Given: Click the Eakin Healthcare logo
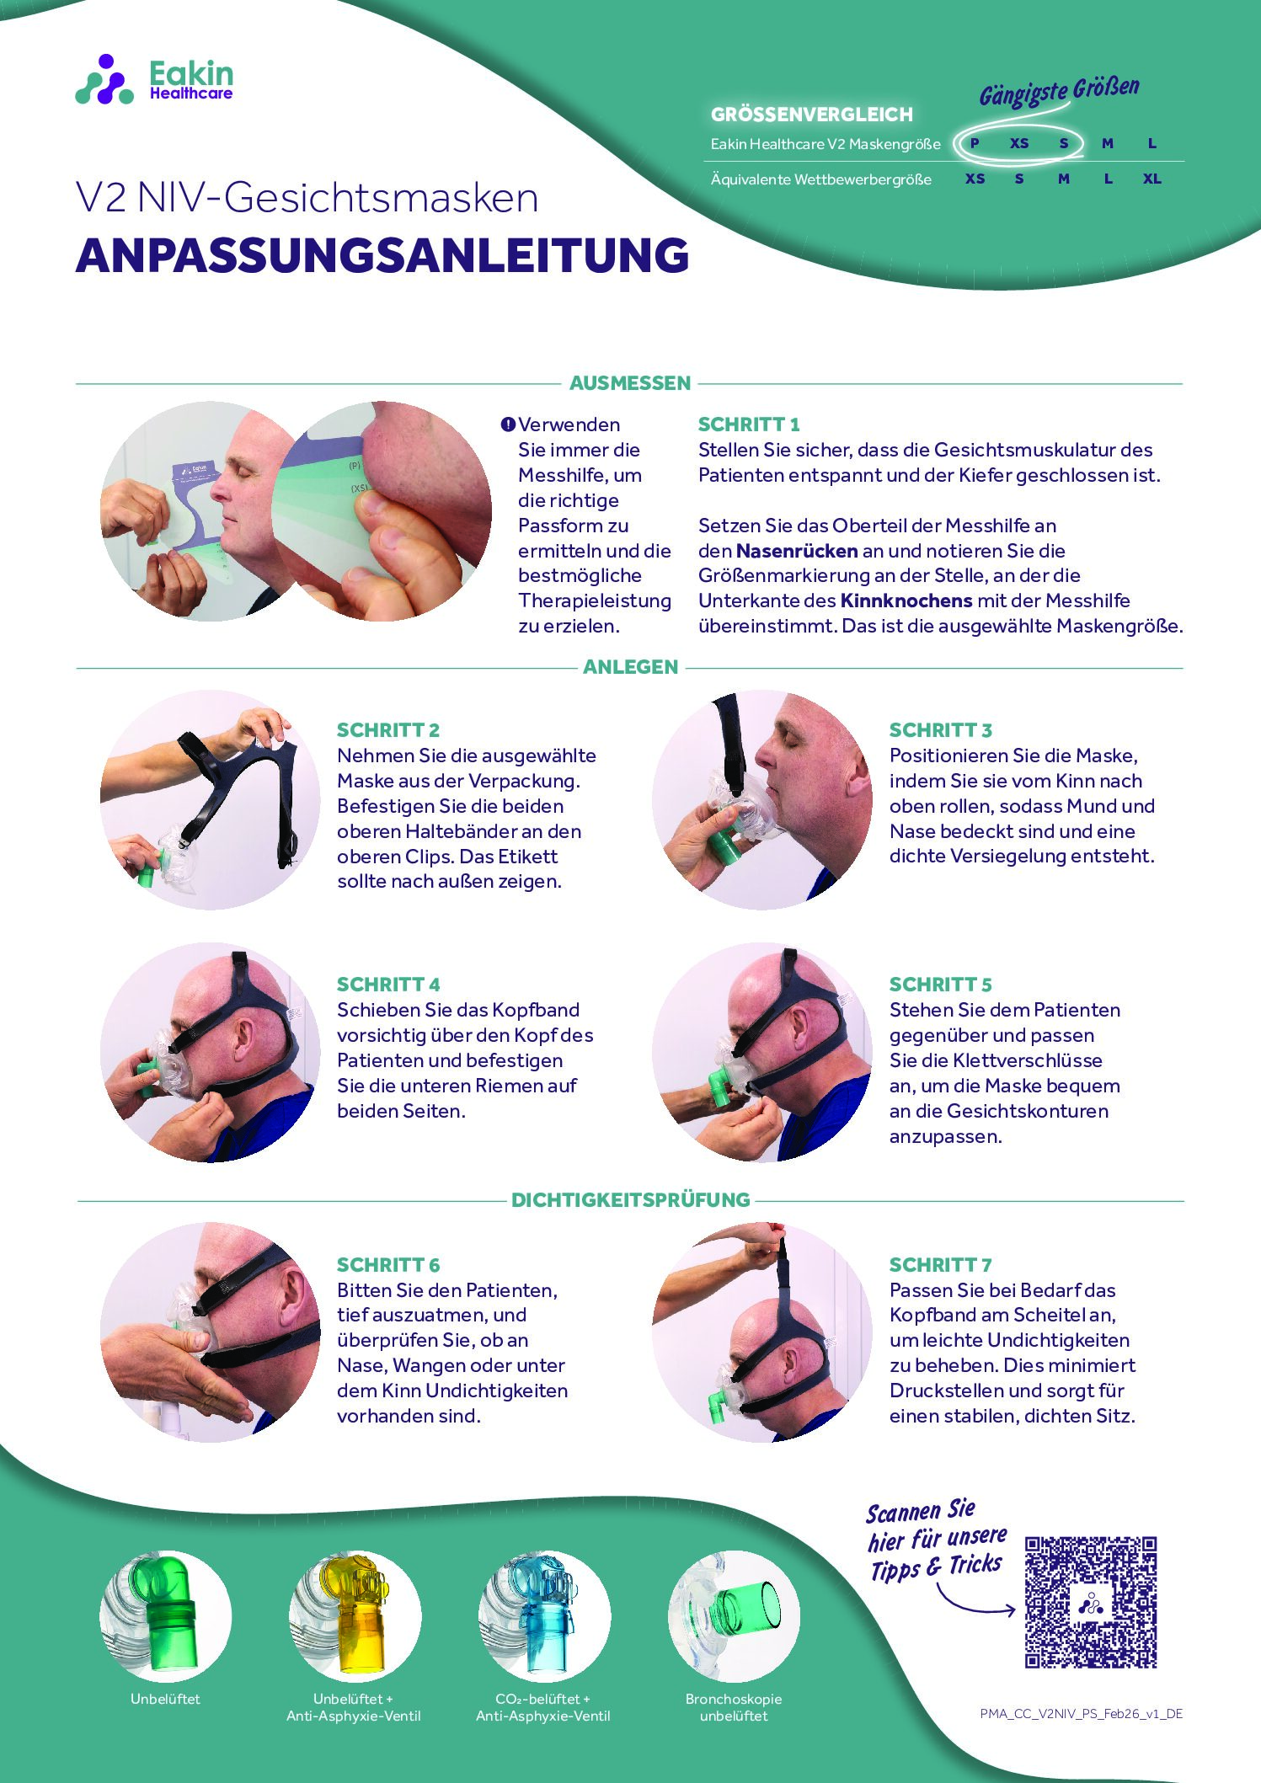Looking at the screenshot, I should tap(154, 81).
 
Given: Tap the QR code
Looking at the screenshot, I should tap(1090, 1602).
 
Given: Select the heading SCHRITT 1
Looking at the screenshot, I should tap(748, 424).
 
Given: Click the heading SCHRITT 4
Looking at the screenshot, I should tap(388, 985).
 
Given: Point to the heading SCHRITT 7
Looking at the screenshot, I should tap(940, 1265).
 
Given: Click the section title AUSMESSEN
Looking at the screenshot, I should tap(630, 383).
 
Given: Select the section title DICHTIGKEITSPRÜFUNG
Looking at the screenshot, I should tap(630, 1200).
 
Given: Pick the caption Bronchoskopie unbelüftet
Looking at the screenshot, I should tap(734, 1707).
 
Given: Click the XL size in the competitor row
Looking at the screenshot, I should tap(1151, 179).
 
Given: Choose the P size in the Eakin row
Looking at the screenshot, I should tap(975, 143).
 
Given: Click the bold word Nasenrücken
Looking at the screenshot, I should tap(797, 551).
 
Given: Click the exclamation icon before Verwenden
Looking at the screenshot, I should tap(508, 424).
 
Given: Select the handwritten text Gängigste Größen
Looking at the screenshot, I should tap(1059, 91).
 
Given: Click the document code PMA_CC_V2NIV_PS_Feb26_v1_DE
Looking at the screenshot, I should tap(1081, 1714).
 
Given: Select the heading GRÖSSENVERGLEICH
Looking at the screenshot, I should tap(811, 115).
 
